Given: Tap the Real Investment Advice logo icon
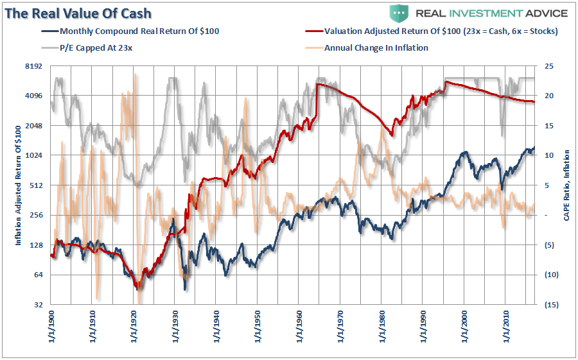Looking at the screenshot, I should [399, 13].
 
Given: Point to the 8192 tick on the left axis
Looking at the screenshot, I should [33, 66].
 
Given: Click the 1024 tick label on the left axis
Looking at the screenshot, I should [33, 155].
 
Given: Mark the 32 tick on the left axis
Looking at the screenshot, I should [37, 304].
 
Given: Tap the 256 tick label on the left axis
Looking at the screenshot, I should [35, 215].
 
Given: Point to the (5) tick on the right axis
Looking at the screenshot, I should [550, 245].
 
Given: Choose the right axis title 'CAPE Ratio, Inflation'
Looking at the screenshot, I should [566, 185].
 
